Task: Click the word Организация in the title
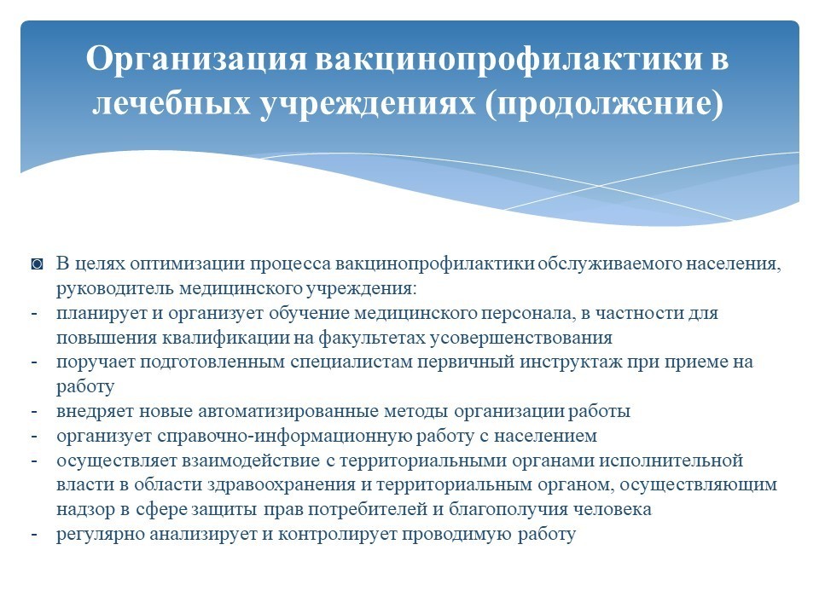point(196,59)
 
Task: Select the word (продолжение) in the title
point(604,104)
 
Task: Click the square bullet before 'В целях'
point(37,264)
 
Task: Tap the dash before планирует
point(34,314)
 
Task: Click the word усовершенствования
point(522,338)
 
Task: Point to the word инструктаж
point(571,362)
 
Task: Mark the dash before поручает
point(34,362)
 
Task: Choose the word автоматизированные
point(288,411)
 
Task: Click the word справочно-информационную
point(284,436)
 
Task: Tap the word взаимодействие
point(251,460)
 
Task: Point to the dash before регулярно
point(34,535)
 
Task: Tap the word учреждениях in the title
point(368,103)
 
